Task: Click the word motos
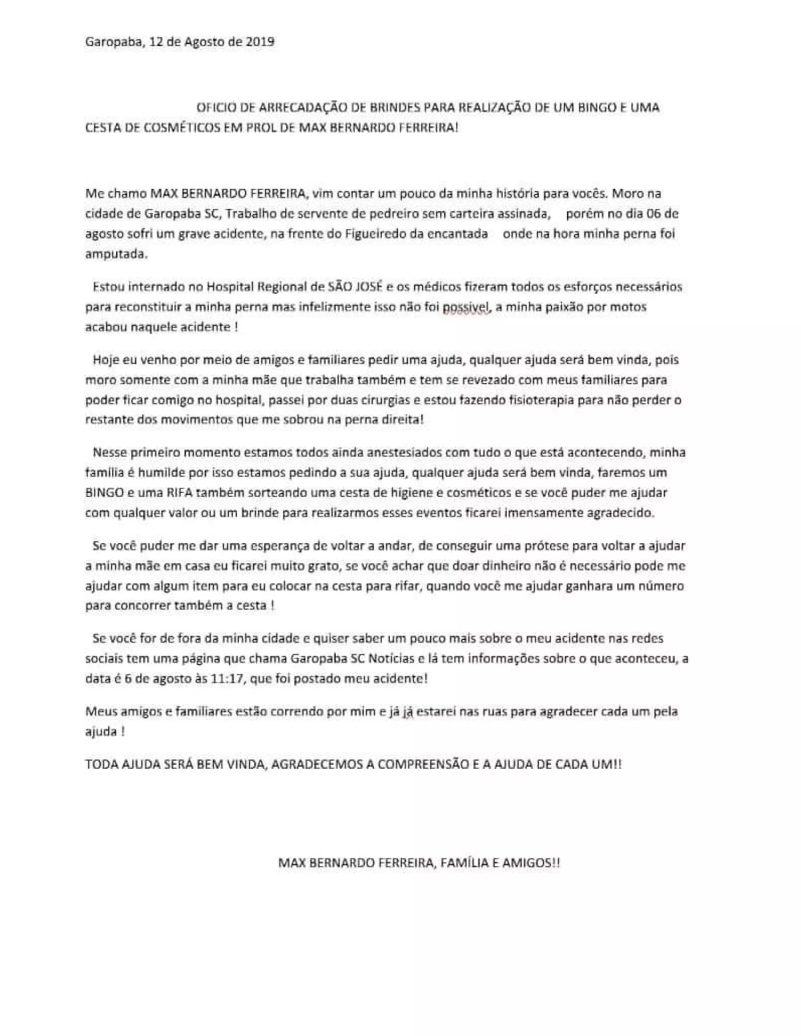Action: pyautogui.click(x=632, y=307)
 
